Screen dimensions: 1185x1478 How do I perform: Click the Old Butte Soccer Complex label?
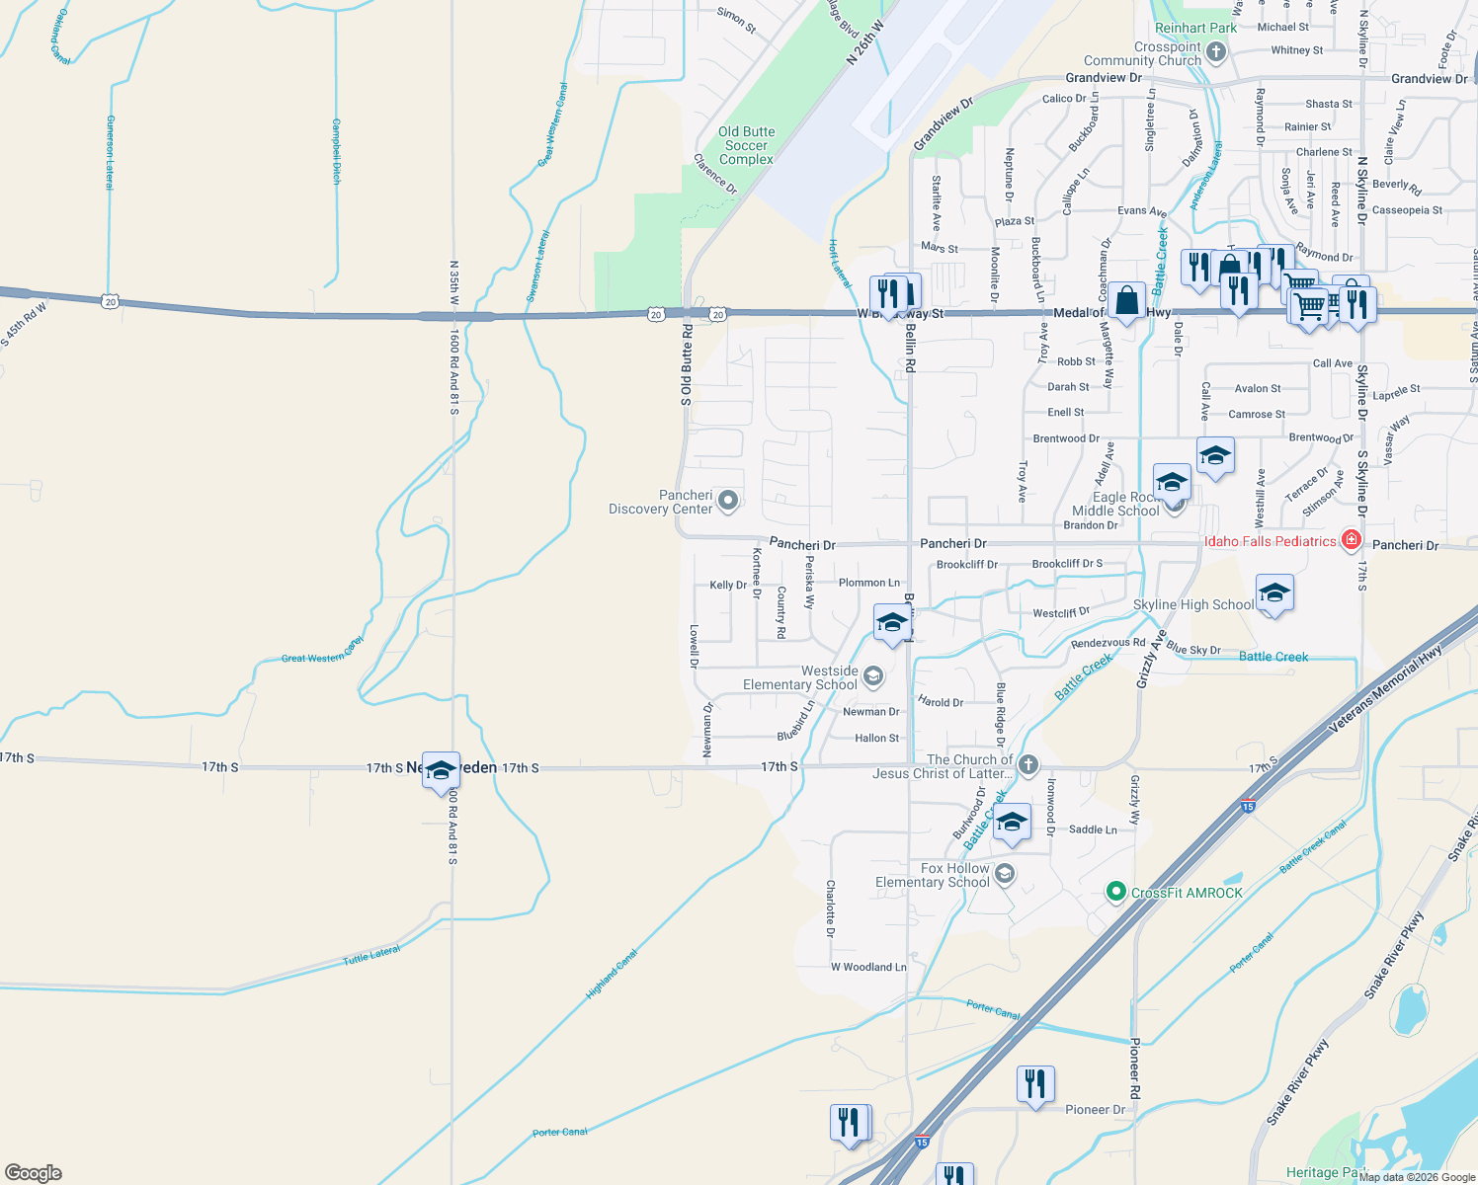[x=746, y=145]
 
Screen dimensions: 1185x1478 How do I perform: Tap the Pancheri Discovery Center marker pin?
[x=728, y=502]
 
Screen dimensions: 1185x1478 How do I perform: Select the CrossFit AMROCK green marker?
[x=1116, y=893]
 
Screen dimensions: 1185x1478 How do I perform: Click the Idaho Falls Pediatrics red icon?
[x=1352, y=540]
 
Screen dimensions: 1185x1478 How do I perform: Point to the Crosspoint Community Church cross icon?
[x=1216, y=53]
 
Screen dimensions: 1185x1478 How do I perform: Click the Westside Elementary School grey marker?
[x=872, y=676]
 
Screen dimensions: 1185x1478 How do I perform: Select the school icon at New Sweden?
[x=441, y=771]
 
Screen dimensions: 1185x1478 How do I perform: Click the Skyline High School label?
[x=1193, y=604]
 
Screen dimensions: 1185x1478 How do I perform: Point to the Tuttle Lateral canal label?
[x=371, y=956]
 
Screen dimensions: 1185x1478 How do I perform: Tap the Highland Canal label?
[x=612, y=974]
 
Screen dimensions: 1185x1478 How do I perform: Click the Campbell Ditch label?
[x=336, y=151]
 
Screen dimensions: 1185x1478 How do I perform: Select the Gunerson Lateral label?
[x=111, y=152]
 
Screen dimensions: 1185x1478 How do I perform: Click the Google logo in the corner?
[x=34, y=1173]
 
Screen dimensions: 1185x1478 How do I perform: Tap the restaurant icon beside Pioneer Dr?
[x=1035, y=1085]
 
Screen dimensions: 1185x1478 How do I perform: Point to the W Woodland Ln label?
[x=868, y=967]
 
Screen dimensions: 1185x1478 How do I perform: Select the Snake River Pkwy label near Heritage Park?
[x=1298, y=1083]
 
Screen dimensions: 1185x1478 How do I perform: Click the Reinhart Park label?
[x=1195, y=29]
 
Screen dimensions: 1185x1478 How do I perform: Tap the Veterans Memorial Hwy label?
[x=1386, y=689]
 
